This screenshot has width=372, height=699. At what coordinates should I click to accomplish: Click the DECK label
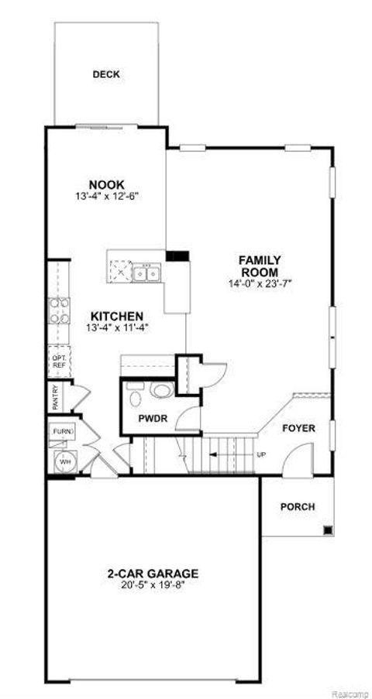pyautogui.click(x=105, y=74)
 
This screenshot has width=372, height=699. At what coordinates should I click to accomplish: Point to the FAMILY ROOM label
pyautogui.click(x=259, y=266)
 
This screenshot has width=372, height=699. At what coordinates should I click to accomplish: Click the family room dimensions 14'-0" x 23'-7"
pyautogui.click(x=259, y=283)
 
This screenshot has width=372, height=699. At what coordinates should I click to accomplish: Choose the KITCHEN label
pyautogui.click(x=116, y=316)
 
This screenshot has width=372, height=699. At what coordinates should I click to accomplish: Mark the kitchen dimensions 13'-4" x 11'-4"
pyautogui.click(x=116, y=327)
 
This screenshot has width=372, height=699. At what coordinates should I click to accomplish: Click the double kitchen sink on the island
pyautogui.click(x=146, y=273)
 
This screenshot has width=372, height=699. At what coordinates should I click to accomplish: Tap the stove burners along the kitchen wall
pyautogui.click(x=59, y=310)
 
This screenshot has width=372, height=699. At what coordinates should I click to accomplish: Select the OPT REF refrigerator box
pyautogui.click(x=58, y=361)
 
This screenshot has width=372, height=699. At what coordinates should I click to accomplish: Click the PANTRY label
pyautogui.click(x=56, y=399)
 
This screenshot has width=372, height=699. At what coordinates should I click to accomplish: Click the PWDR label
pyautogui.click(x=150, y=420)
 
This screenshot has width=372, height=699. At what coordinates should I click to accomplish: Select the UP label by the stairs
pyautogui.click(x=260, y=454)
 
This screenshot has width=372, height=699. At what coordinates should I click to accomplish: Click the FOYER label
pyautogui.click(x=298, y=427)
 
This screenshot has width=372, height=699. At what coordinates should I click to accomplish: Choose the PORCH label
pyautogui.click(x=298, y=507)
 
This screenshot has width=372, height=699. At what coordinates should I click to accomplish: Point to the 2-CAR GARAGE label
pyautogui.click(x=153, y=574)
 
